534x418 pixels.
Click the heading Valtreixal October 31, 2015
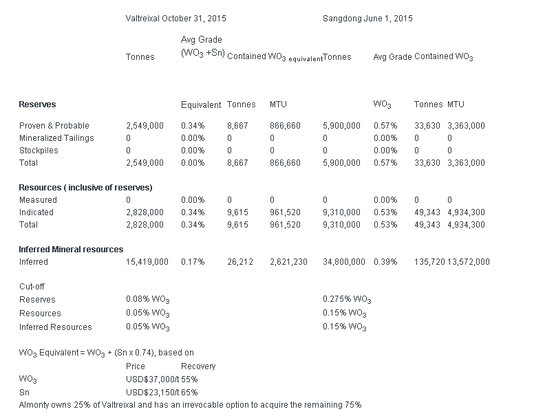tap(176, 18)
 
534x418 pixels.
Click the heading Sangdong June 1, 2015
tap(367, 18)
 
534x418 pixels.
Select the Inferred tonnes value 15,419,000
tap(147, 262)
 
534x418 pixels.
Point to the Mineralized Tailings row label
tap(56, 138)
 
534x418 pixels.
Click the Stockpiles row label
tap(39, 151)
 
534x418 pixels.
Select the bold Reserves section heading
tap(37, 104)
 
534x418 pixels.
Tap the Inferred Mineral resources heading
tap(71, 250)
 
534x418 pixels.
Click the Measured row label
tap(38, 200)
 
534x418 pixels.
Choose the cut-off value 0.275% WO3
tap(347, 300)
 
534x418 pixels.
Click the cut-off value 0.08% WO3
tap(148, 300)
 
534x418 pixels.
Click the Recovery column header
tap(198, 366)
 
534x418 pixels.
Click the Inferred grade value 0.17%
tap(193, 262)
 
